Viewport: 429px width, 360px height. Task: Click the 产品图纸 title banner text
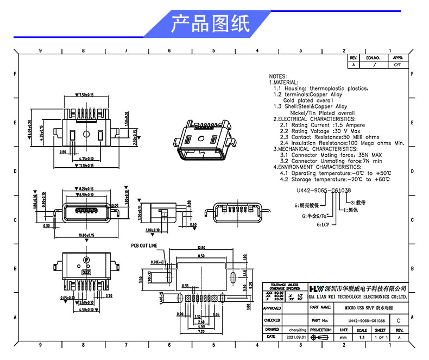point(210,24)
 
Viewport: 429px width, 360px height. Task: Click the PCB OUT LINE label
point(144,245)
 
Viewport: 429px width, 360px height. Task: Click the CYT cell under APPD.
point(398,64)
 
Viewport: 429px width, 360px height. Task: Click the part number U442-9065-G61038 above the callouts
point(324,191)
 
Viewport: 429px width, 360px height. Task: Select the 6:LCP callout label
point(324,224)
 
